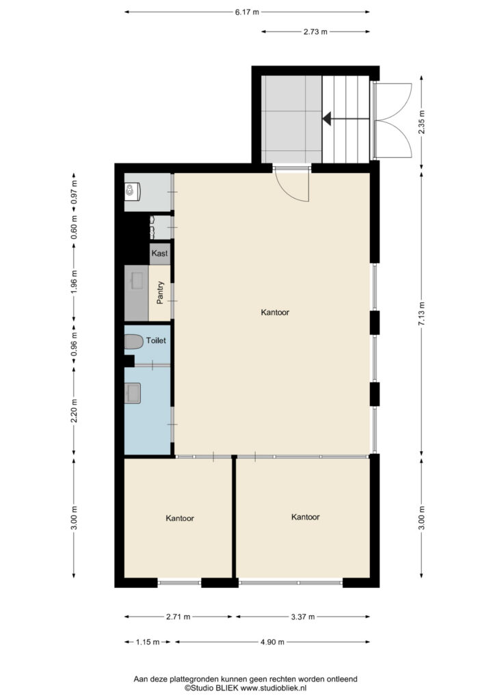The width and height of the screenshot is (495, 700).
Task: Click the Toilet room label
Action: [156, 340]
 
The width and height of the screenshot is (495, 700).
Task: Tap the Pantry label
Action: [160, 293]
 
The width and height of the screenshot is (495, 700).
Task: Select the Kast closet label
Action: [159, 253]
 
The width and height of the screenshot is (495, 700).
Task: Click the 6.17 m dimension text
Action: [247, 12]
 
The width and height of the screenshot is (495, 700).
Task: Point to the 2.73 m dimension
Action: [315, 31]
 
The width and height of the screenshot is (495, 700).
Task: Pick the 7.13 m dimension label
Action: [422, 314]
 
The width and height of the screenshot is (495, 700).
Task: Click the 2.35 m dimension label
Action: [422, 122]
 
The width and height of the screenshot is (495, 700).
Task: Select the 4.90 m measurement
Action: [272, 642]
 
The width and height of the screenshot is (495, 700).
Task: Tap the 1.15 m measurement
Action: [147, 642]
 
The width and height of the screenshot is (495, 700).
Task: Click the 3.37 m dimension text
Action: [303, 617]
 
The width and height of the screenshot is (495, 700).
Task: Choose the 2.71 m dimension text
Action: [178, 617]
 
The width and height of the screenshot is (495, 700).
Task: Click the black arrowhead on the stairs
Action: [327, 119]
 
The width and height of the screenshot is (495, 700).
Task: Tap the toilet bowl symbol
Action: [133, 342]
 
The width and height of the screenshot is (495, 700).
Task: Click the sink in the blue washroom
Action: [133, 393]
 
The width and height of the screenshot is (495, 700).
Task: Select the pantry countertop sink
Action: [138, 280]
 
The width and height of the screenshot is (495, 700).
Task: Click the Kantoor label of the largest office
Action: [275, 312]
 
